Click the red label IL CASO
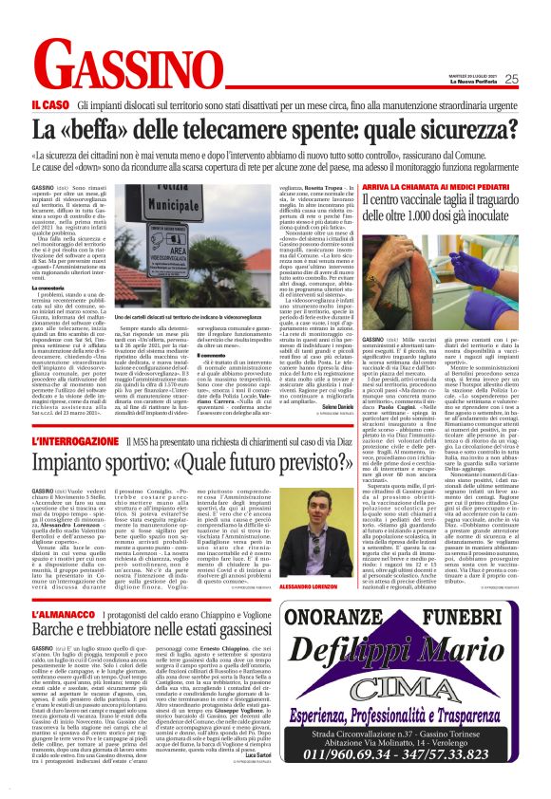[49, 105]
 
